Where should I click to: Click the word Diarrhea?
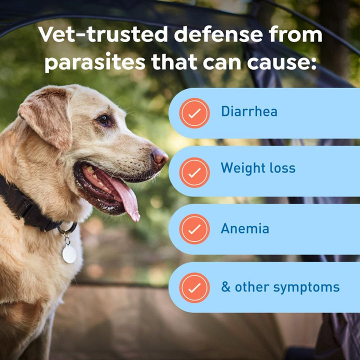click(249, 111)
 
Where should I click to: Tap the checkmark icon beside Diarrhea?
click(194, 113)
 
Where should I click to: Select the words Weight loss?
click(258, 168)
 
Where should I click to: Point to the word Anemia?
click(245, 228)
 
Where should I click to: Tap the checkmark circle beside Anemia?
click(194, 229)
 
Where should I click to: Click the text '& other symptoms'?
click(280, 287)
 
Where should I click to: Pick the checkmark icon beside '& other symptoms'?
click(194, 287)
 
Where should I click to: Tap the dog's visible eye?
click(104, 119)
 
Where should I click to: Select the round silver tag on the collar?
click(69, 253)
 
